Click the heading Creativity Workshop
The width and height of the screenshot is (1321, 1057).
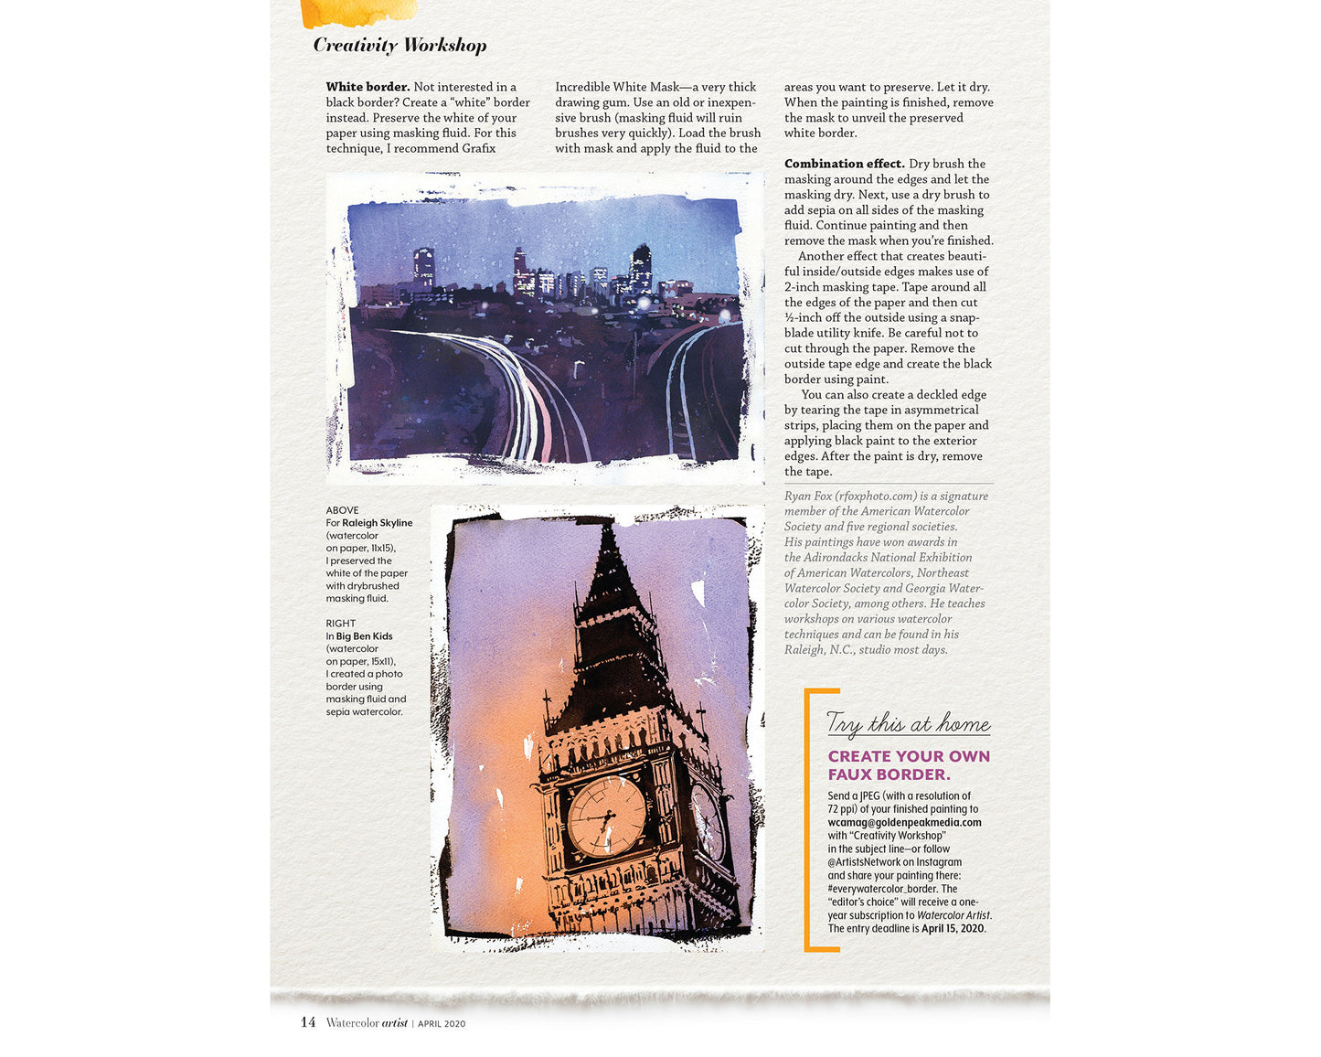coord(399,45)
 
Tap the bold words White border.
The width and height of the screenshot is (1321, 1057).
coord(368,87)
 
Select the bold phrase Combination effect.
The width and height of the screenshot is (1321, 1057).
coord(844,164)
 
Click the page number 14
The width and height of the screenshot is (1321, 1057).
coord(308,1022)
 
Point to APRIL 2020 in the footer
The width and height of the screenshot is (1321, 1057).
coord(442,1024)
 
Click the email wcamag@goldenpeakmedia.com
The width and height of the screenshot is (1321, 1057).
coord(904,822)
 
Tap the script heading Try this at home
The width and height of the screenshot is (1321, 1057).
coord(908,723)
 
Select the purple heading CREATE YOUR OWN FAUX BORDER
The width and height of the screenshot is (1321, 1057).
coord(908,765)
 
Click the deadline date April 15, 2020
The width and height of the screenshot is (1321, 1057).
coord(953,928)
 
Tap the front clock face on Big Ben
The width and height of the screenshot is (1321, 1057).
coord(606,816)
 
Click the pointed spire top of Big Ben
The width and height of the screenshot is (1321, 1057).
coord(606,538)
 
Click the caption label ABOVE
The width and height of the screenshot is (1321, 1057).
coord(343,510)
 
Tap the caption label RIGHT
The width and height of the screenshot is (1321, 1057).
coord(341,624)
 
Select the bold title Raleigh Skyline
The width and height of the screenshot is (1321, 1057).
coord(378,523)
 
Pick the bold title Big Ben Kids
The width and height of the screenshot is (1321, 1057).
coord(364,636)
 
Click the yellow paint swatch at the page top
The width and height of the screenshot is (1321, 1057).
coord(358,13)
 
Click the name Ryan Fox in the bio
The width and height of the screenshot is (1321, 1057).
coord(808,496)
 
